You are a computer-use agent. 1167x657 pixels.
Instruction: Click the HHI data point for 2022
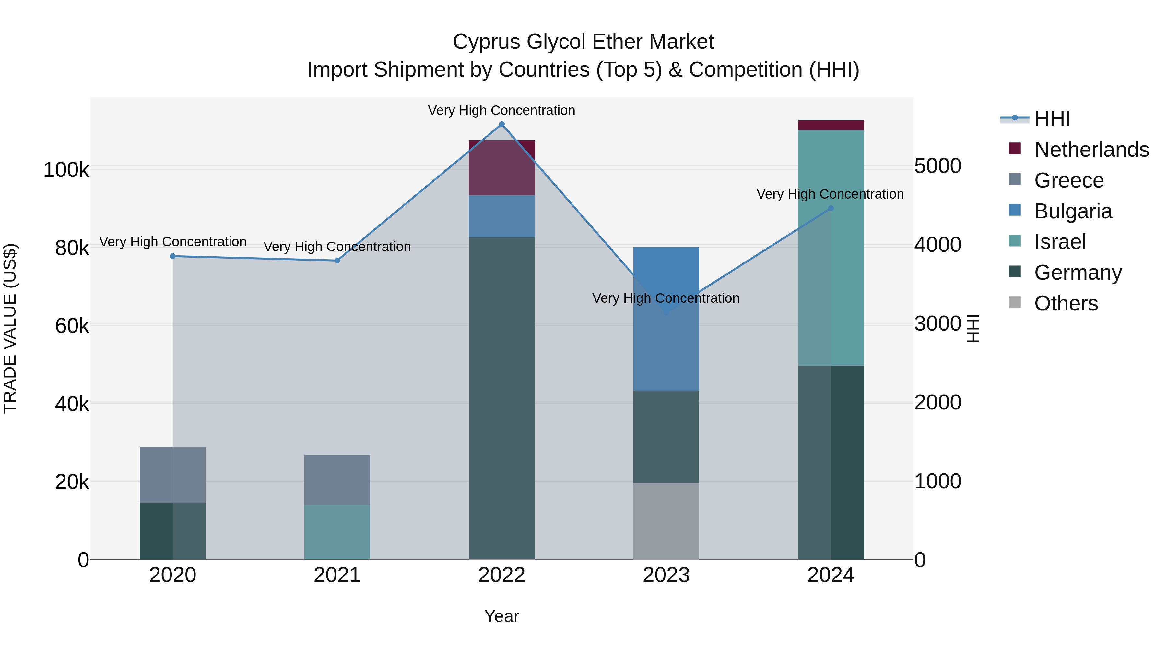coord(501,124)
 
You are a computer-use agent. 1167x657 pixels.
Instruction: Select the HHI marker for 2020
coord(172,256)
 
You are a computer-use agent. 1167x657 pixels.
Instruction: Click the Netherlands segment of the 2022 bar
coord(501,168)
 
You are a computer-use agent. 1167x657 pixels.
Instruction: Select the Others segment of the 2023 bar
coord(666,521)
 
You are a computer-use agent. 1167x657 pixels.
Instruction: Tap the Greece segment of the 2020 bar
coord(172,475)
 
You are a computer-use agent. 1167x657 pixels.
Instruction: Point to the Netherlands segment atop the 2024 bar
coord(831,125)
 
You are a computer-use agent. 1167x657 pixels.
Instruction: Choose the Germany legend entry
coord(1078,273)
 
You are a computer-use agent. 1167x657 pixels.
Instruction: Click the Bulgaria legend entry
coord(1073,211)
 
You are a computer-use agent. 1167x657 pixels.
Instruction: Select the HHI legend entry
coord(1052,119)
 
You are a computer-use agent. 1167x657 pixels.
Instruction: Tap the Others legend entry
coord(1066,303)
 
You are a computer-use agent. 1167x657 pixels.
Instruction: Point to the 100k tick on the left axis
coord(66,170)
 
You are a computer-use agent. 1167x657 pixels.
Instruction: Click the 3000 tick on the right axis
coord(937,324)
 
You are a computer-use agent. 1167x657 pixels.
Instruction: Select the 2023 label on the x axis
coord(666,575)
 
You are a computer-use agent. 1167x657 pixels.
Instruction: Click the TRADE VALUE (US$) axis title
coord(10,328)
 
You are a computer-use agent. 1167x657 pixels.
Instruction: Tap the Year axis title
coord(501,616)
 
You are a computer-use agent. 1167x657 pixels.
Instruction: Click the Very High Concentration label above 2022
coord(501,110)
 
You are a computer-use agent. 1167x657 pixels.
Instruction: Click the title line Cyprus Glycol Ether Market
coord(583,42)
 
